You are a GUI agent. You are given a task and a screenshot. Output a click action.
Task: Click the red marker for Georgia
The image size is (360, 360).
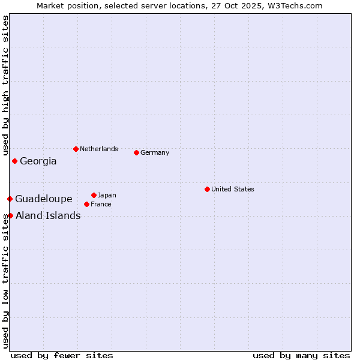(14, 161)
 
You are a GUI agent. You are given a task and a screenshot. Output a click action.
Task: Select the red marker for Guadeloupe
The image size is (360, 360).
(10, 199)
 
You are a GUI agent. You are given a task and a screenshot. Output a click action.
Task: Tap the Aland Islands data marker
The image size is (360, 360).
(10, 215)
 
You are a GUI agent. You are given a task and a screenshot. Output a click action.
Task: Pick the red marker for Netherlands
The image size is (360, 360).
(76, 149)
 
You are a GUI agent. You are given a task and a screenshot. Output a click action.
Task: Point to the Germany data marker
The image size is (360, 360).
(136, 152)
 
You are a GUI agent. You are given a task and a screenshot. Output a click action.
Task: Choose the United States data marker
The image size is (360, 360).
(207, 189)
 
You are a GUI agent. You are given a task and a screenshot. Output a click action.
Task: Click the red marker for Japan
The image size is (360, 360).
(94, 195)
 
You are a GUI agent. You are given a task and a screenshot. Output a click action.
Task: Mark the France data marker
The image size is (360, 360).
(86, 204)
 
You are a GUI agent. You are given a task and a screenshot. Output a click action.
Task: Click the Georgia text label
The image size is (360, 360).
(38, 161)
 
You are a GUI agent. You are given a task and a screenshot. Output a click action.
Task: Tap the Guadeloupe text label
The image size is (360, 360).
(44, 199)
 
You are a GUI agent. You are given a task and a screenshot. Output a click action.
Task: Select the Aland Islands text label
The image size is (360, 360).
(48, 215)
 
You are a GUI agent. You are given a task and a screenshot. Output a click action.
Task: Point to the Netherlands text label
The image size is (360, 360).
(99, 149)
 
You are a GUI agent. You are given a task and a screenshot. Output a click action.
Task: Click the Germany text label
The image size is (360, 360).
(155, 152)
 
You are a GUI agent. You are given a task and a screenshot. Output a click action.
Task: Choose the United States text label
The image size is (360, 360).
(233, 189)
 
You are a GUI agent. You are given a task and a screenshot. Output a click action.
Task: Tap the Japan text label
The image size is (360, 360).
(107, 195)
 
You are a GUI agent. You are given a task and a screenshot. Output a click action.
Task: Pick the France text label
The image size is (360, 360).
(101, 204)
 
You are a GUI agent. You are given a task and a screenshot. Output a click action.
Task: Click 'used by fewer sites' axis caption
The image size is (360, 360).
(62, 355)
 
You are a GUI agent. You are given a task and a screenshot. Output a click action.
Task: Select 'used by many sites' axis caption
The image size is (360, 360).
(301, 355)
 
